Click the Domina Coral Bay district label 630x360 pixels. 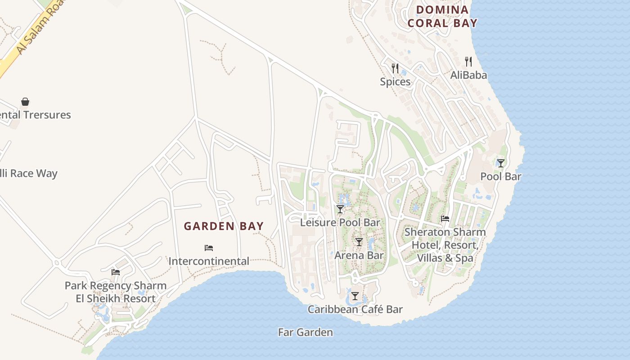[x=442, y=17]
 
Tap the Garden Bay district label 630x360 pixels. [x=224, y=226]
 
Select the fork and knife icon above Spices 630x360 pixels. [x=395, y=68]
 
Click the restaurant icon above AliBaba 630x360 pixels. [x=468, y=62]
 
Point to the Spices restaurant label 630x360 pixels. [x=395, y=82]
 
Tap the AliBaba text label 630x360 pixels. [x=468, y=75]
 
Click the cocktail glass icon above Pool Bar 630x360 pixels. [x=500, y=163]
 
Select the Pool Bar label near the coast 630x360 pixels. [x=500, y=176]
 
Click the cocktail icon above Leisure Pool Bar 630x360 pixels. [x=340, y=209]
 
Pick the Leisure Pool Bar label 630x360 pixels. [x=340, y=222]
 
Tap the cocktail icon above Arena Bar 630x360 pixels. [x=359, y=242]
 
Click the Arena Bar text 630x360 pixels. [x=359, y=255]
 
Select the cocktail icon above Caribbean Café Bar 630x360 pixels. [x=355, y=296]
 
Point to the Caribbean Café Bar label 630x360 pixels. [x=355, y=309]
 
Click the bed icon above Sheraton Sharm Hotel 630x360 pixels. [x=445, y=219]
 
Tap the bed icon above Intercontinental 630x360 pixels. [x=209, y=248]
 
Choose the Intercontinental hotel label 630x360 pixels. [x=209, y=261]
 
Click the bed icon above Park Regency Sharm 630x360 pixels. [x=116, y=272]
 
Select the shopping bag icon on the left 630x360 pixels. [x=25, y=102]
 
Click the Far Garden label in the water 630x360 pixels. [x=306, y=333]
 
